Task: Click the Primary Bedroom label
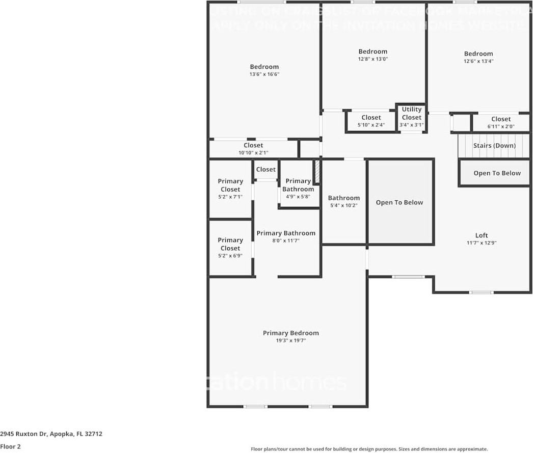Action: click(290, 333)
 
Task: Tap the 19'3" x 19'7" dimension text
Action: click(290, 341)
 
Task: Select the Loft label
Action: click(482, 235)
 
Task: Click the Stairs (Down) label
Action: click(494, 146)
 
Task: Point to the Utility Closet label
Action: click(411, 113)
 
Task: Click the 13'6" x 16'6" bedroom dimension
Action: click(264, 74)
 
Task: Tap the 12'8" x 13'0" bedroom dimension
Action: click(372, 59)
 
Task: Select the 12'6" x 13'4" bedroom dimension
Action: click(478, 61)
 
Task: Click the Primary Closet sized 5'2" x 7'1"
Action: click(230, 189)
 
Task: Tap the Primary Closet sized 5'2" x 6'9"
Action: click(230, 248)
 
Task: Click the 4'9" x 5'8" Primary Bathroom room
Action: click(298, 189)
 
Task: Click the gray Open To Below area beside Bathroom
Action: click(399, 202)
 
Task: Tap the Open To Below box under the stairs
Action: click(497, 173)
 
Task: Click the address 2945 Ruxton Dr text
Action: click(51, 434)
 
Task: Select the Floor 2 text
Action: click(10, 446)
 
